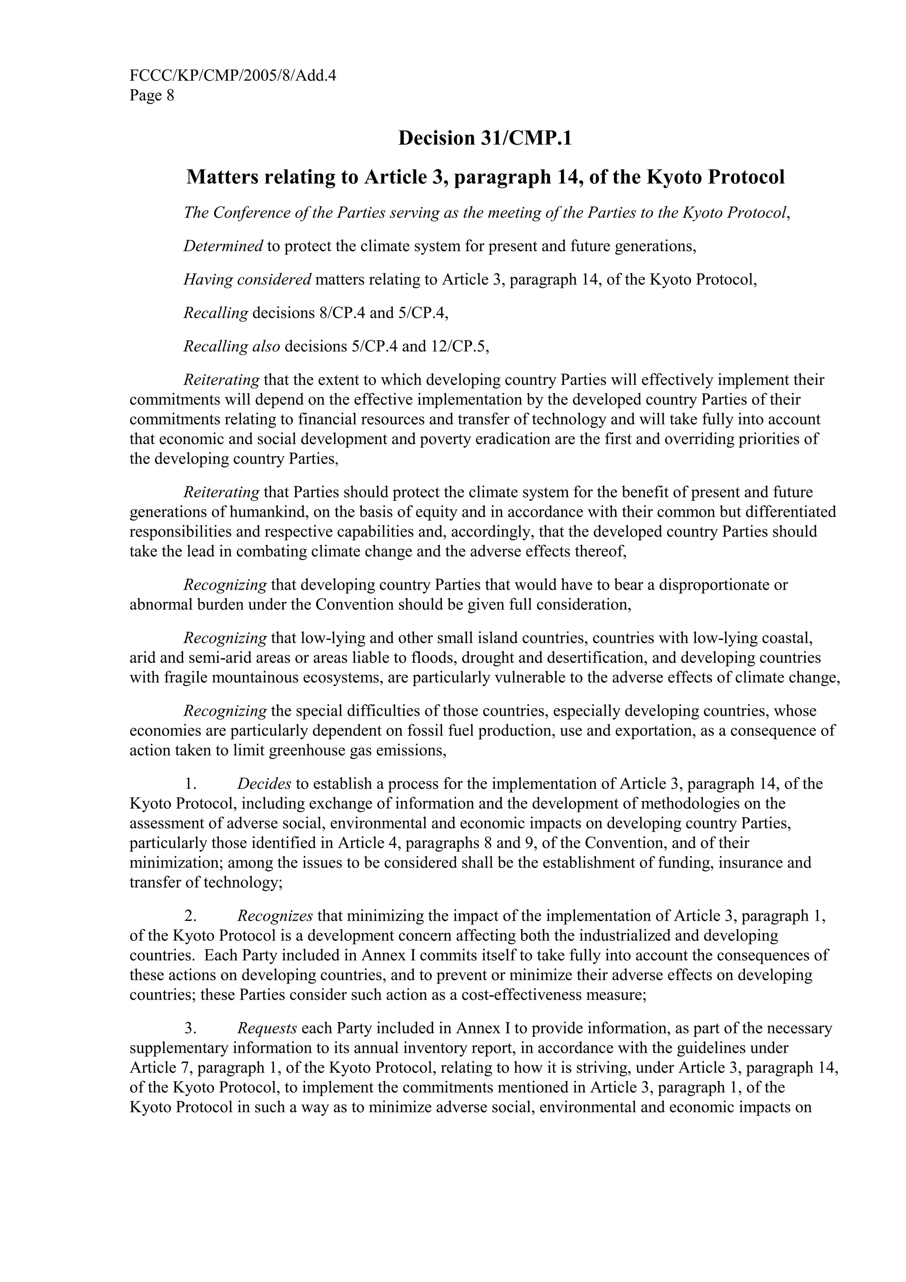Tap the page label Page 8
[152, 96]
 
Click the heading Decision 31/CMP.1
[485, 138]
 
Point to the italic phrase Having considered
[247, 280]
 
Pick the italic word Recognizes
[275, 916]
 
